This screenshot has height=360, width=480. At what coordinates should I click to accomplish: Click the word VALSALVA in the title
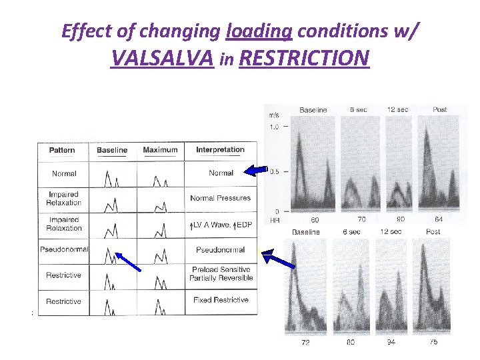pos(162,59)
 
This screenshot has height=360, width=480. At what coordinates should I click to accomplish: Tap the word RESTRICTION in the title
pos(303,59)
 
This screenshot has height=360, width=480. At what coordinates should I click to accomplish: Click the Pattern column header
pos(62,150)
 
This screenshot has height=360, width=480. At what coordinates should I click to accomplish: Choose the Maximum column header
pos(160,150)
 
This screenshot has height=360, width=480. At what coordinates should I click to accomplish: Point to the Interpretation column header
pos(220,150)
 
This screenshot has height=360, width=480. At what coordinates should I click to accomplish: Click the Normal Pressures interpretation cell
pos(220,198)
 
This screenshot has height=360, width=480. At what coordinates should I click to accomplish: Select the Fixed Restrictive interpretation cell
pos(221,300)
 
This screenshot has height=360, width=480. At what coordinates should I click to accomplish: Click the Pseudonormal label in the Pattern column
pos(64,250)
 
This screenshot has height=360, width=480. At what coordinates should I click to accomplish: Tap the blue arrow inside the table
pos(128,261)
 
